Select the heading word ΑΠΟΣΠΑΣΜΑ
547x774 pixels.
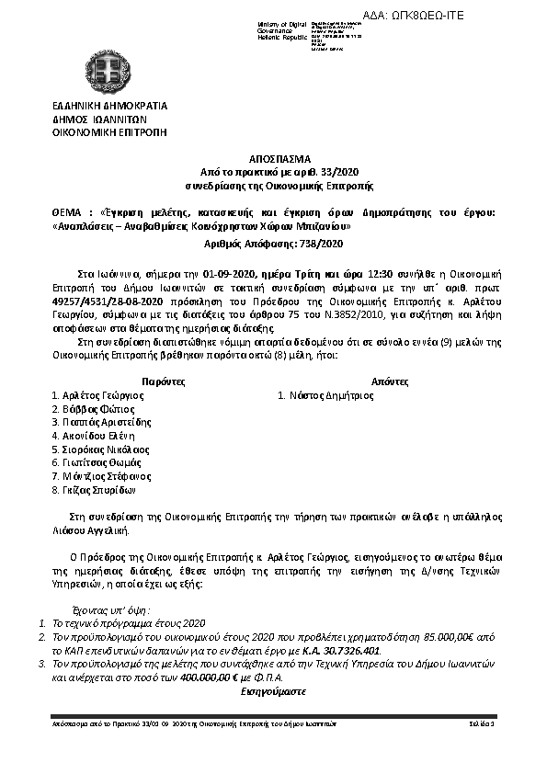tap(273, 158)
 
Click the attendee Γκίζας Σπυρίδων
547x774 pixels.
tap(100, 491)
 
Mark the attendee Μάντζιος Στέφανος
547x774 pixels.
tap(108, 477)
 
